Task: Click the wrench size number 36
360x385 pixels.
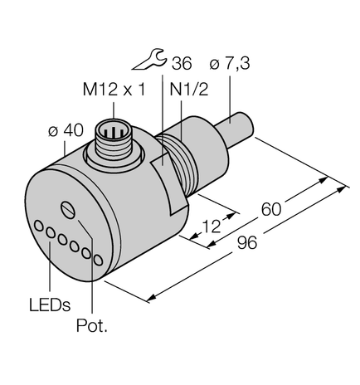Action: [x=181, y=64]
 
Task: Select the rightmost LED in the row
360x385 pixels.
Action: [x=99, y=261]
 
